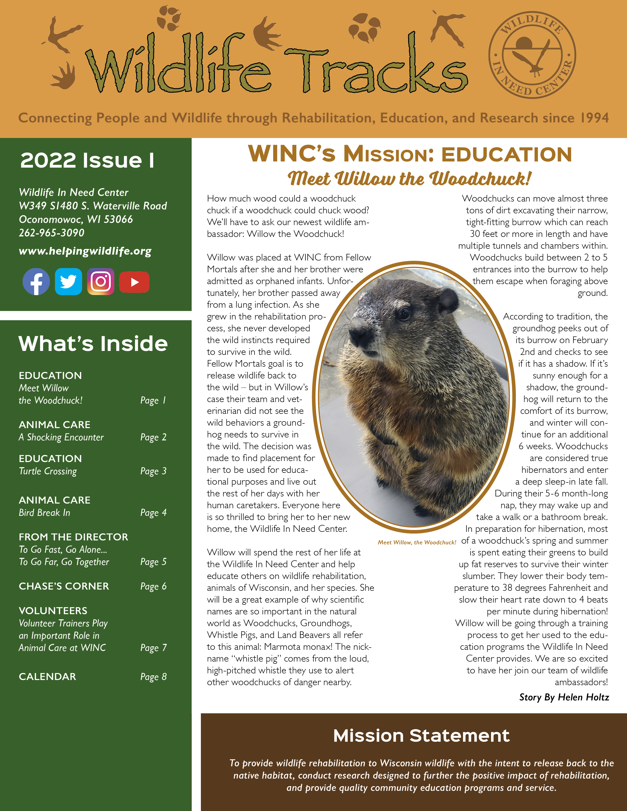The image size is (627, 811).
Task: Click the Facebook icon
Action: pyautogui.click(x=36, y=281)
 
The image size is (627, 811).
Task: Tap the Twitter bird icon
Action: pyautogui.click(x=68, y=281)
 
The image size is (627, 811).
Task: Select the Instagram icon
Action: pyautogui.click(x=101, y=281)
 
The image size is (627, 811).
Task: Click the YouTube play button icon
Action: pyautogui.click(x=134, y=282)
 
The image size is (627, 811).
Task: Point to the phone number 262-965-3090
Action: pyautogui.click(x=52, y=233)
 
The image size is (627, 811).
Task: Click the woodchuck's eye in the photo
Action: pyautogui.click(x=403, y=314)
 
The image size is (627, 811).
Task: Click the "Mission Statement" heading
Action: pyautogui.click(x=421, y=736)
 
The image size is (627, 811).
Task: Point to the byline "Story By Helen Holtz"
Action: pyautogui.click(x=564, y=697)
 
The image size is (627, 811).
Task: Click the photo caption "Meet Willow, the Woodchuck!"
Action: pyautogui.click(x=417, y=543)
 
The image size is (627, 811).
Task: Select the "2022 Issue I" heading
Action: pyautogui.click(x=87, y=160)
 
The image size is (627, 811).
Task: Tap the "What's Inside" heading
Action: pyautogui.click(x=93, y=344)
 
